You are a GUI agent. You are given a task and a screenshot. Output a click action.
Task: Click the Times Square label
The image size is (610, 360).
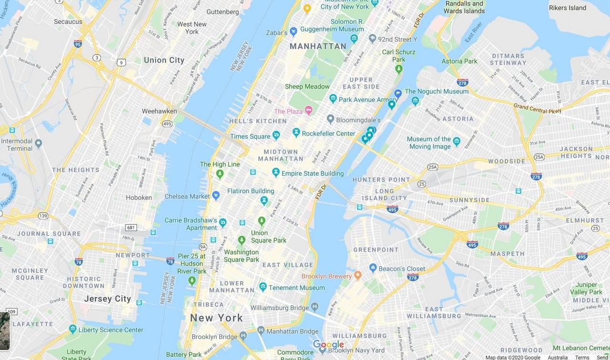coord(250,136)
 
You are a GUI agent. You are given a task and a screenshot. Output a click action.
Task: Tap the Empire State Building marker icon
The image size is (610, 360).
coord(275,172)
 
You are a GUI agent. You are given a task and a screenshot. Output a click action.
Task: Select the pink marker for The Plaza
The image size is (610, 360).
coord(308,111)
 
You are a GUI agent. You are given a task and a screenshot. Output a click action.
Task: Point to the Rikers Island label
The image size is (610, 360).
coord(567,8)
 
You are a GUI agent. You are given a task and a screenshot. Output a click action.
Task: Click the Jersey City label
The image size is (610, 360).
coord(107,299)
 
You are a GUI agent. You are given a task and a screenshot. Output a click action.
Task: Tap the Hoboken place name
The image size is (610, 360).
coord(139,197)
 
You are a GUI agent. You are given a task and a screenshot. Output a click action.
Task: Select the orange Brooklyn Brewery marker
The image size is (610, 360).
coord(358,276)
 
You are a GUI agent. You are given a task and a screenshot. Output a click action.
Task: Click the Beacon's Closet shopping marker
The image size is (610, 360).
coord(373,268)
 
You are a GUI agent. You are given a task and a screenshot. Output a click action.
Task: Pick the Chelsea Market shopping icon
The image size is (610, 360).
coord(216,195)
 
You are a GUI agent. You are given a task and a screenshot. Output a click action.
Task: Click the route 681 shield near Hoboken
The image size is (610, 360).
coord(131,228)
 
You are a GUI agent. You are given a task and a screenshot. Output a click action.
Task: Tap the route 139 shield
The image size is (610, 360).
coord(43,216)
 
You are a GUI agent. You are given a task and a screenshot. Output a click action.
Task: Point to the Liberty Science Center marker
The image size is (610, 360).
coord(72,329)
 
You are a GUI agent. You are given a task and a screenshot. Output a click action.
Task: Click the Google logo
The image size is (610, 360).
coord(328,345)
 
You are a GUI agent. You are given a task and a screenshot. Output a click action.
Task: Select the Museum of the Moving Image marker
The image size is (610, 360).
coord(457,141)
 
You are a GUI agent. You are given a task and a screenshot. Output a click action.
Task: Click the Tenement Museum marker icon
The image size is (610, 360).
coord(263,287)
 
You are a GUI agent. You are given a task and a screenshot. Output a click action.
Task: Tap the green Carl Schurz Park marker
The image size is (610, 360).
coord(399,69)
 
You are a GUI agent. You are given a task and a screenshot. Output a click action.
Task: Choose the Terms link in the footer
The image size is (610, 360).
coord(582,357)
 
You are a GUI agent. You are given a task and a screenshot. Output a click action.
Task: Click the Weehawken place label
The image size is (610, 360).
coord(159,111)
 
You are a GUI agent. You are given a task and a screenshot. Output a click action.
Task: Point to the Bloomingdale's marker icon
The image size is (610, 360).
coord(330,119)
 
